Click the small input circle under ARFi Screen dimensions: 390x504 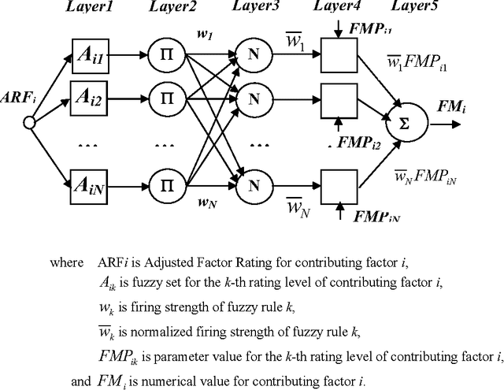(29, 122)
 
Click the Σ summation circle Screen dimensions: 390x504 (406, 123)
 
